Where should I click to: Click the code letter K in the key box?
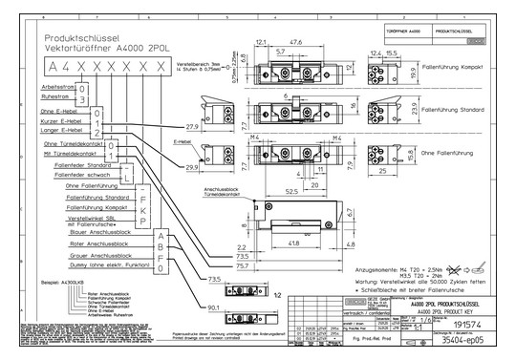144,206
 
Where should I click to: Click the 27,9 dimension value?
192,126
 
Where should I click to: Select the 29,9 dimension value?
192,167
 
